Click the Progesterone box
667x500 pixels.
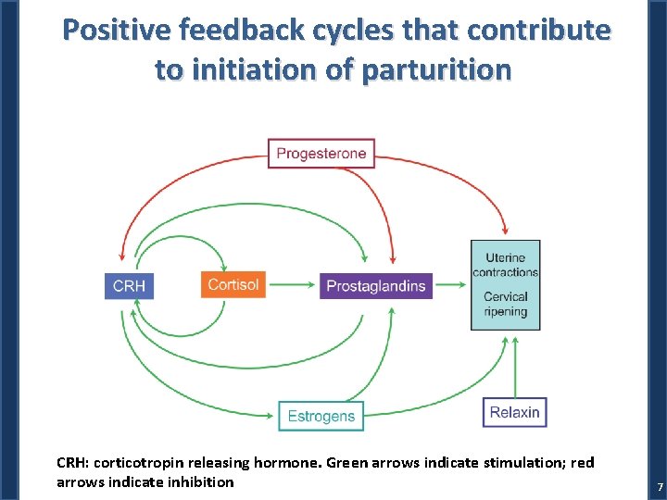tap(321, 153)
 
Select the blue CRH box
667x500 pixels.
tap(129, 285)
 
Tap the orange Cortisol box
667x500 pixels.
tap(233, 284)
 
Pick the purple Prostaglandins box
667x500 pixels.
tap(376, 285)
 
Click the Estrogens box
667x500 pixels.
tap(321, 416)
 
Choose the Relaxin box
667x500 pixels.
tap(514, 412)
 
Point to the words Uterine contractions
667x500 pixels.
tap(505, 265)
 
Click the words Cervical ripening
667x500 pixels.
tap(505, 304)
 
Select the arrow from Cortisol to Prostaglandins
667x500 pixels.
tap(292, 285)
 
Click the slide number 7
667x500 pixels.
tap(660, 487)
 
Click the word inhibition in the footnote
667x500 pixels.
tap(201, 481)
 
